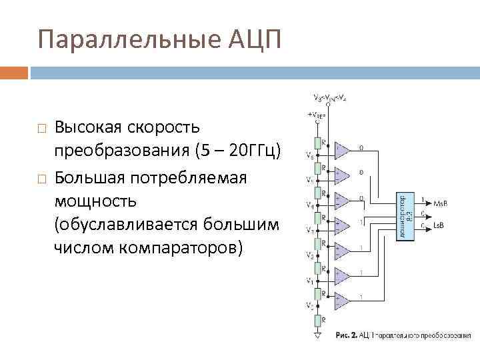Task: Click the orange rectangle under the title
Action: click(14, 72)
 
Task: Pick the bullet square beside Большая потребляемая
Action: click(41, 179)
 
